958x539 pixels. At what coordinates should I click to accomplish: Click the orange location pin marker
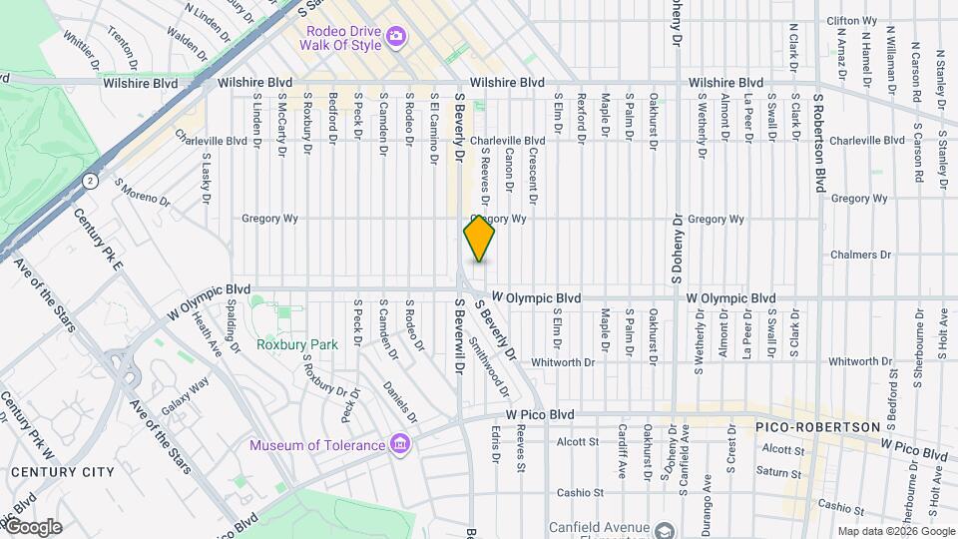click(x=479, y=239)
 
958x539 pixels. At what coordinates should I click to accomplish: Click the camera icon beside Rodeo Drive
click(x=395, y=37)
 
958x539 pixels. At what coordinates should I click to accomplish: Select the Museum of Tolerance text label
click(x=317, y=445)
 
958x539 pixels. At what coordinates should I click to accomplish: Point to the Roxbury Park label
click(x=296, y=344)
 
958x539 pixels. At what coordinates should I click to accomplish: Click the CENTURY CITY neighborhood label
click(x=62, y=471)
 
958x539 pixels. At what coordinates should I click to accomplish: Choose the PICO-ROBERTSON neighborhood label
click(x=801, y=426)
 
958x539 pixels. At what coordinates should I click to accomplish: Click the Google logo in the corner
click(x=33, y=526)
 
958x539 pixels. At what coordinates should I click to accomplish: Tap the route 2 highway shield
click(x=91, y=181)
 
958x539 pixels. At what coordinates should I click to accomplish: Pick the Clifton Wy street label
click(x=851, y=21)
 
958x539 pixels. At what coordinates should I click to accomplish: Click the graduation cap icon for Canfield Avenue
click(x=665, y=528)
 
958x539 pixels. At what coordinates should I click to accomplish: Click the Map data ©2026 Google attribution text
click(x=895, y=531)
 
